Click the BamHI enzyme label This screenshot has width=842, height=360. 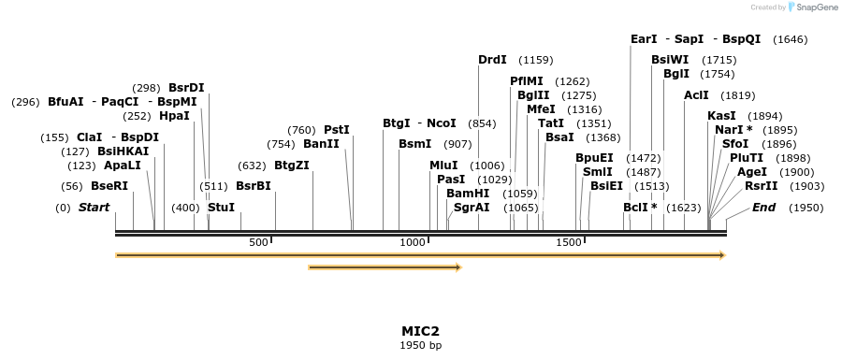(468, 194)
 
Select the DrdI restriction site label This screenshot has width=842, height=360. (492, 60)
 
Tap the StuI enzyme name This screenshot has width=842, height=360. (221, 207)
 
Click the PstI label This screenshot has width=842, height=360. (337, 130)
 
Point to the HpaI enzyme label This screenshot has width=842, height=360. (175, 116)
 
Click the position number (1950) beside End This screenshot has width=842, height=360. (806, 207)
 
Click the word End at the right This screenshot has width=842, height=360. (764, 207)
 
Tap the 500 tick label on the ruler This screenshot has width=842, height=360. (258, 243)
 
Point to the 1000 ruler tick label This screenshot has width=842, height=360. (413, 243)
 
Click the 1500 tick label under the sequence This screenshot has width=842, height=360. (569, 243)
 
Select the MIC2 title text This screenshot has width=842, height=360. (420, 331)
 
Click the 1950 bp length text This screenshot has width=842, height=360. (420, 346)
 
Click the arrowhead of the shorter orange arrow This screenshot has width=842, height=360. (458, 267)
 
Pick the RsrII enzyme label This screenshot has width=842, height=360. (761, 186)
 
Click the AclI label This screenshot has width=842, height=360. (697, 95)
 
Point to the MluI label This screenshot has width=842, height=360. (443, 166)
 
